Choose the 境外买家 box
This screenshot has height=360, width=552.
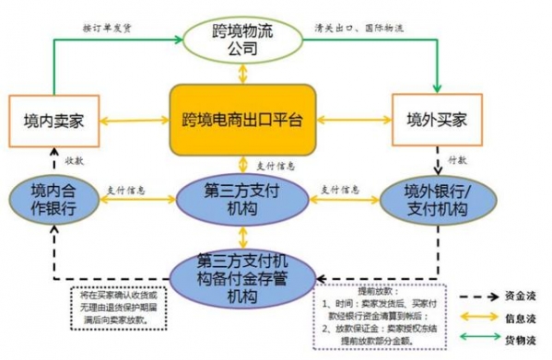coord(439,120)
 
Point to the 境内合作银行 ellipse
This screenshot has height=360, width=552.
coord(52,199)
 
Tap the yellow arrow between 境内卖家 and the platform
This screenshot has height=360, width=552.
coord(129,121)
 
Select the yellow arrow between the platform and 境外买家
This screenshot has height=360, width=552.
coord(355,121)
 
